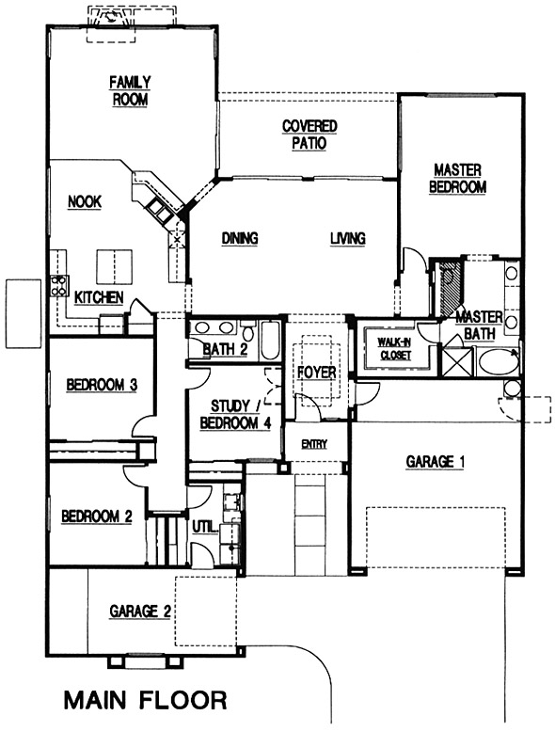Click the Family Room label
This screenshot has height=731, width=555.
point(130,91)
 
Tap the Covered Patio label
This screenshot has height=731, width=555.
point(309,135)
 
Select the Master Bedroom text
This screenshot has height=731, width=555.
point(457,179)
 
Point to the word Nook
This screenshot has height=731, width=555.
point(85,202)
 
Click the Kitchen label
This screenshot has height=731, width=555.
point(99,297)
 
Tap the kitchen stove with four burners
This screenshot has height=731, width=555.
point(59,285)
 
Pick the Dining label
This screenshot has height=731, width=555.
point(240,239)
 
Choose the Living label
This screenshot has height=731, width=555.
point(348,239)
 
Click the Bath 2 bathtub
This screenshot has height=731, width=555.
point(270,341)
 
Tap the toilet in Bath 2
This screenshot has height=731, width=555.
point(248,332)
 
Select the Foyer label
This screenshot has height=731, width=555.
point(317,373)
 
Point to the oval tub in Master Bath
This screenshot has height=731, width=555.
point(499,362)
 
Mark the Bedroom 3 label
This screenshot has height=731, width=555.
point(102,385)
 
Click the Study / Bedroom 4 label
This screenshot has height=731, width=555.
point(235,415)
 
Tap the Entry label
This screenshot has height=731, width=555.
point(314,444)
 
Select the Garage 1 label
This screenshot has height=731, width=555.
point(436,462)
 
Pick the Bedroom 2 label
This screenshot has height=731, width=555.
point(97,516)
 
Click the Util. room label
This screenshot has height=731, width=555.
point(205,527)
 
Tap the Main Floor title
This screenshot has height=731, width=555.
point(146,700)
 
